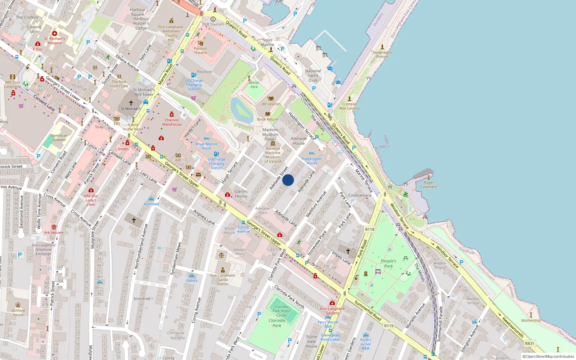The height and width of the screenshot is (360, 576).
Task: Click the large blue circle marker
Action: pos(288,180)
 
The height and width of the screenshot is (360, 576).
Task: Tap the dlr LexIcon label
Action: pos(271,104)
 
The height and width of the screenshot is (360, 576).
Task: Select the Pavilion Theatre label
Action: pos(201,51)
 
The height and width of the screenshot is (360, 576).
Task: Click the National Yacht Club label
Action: pos(313,76)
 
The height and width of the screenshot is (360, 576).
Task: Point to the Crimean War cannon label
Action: pos(349,106)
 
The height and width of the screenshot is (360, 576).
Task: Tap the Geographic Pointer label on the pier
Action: pos(382,54)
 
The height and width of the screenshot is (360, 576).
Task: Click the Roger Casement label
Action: pos(429,185)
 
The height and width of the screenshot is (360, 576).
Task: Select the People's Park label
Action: pos(388,264)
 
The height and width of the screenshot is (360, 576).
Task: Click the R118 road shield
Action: pos(370,229)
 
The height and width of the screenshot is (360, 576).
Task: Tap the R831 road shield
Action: pos(530,343)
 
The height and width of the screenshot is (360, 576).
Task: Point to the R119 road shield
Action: pos(389,326)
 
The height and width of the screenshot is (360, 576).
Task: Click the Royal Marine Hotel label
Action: pos(206,146)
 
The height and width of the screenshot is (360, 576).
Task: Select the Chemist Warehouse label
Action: pos(172,122)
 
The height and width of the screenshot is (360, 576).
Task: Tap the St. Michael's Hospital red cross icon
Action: pos(55,33)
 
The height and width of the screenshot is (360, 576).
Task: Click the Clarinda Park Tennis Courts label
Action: pos(282,311)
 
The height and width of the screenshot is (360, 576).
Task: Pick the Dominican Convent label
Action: pos(59,138)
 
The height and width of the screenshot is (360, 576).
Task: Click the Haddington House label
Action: pos(312,161)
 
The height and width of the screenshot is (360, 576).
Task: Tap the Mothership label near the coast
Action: pos(531,320)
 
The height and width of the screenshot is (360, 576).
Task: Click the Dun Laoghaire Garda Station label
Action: pos(222,279)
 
